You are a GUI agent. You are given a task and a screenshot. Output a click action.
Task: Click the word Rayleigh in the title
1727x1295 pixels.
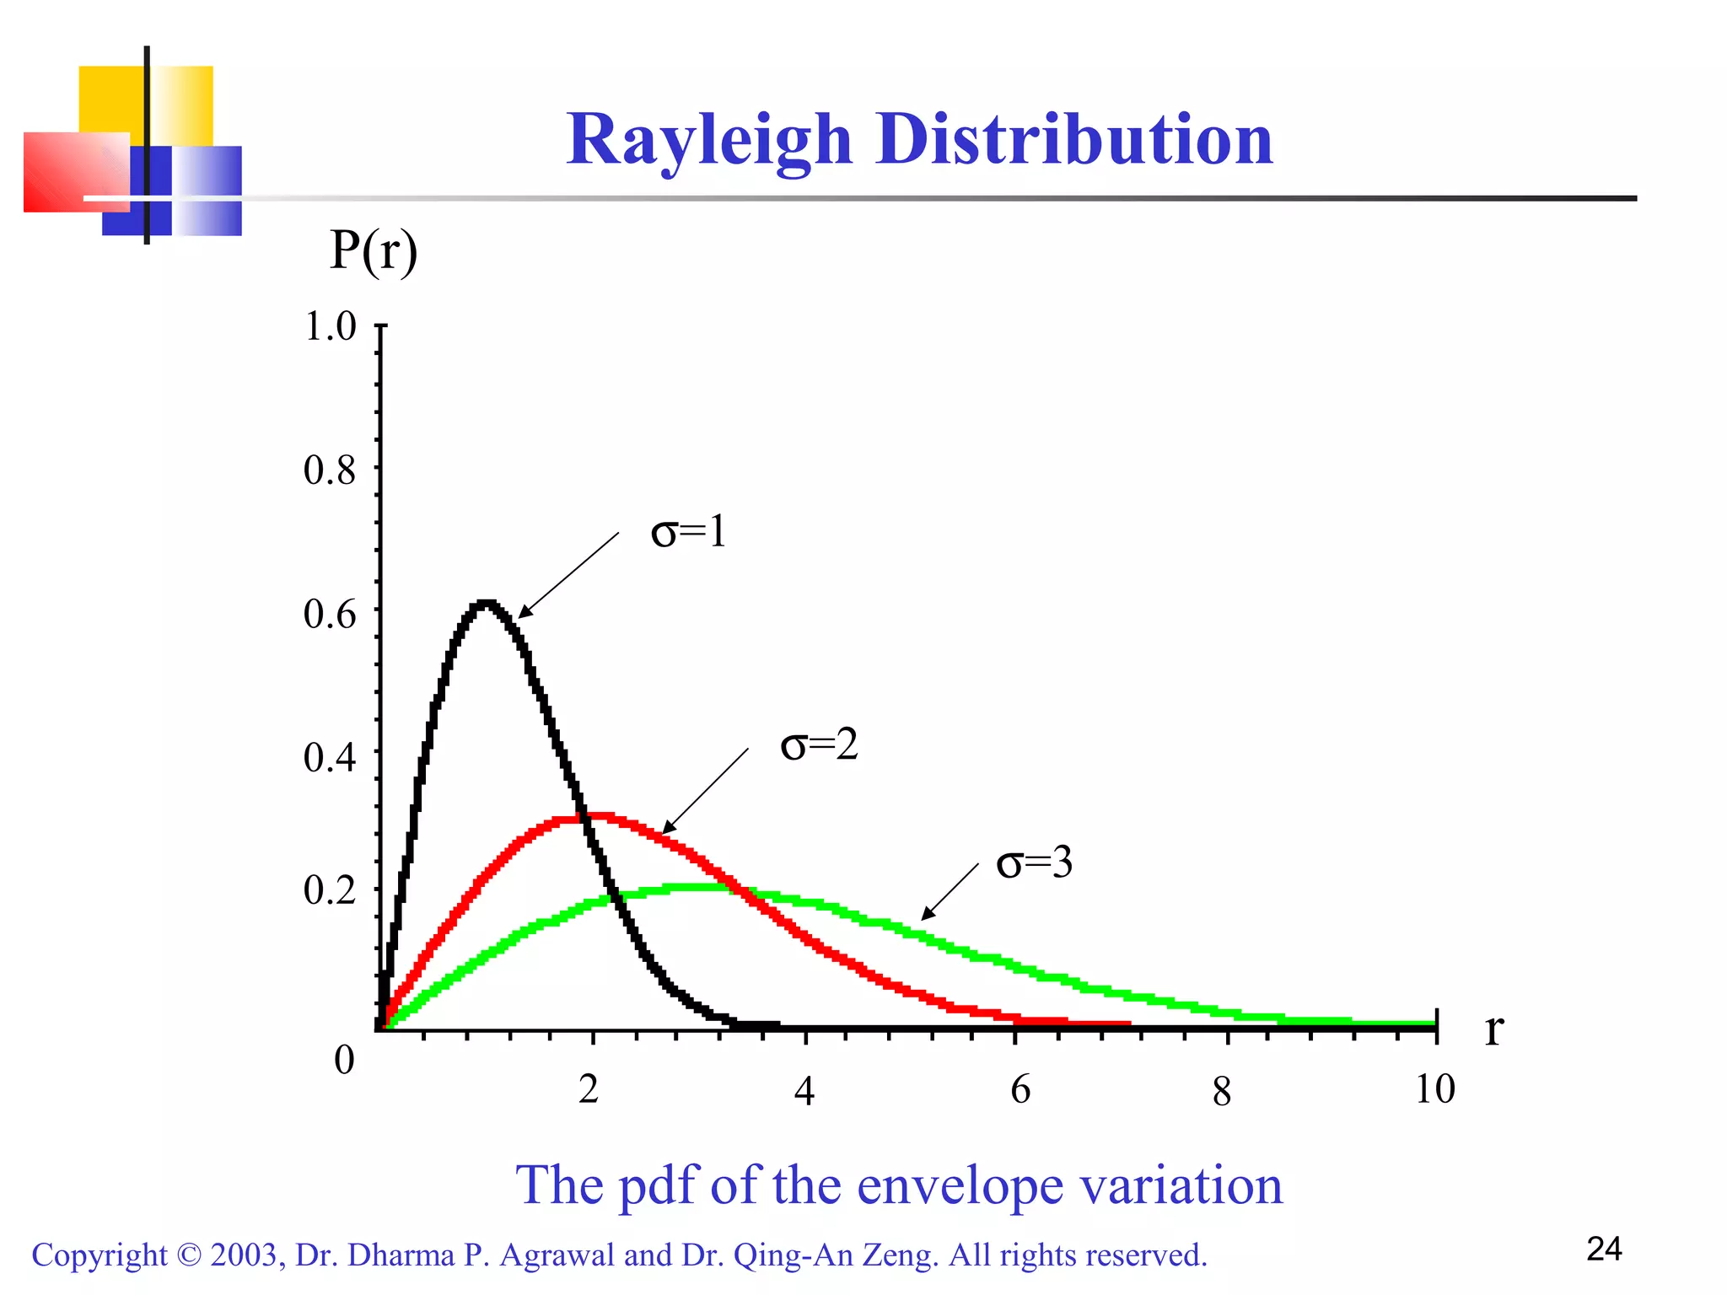pyautogui.click(x=709, y=140)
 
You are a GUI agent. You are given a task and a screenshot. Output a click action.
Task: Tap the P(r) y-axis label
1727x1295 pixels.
pyautogui.click(x=374, y=250)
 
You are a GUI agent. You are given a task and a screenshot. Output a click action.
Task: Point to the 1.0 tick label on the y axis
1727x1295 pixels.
pyautogui.click(x=330, y=326)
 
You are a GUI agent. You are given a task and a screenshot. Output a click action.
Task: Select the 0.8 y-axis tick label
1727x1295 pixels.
pyautogui.click(x=330, y=470)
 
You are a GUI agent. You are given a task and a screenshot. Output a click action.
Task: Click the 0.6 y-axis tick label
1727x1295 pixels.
pyautogui.click(x=330, y=614)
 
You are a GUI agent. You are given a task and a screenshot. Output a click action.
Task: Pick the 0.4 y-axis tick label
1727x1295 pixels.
pyautogui.click(x=330, y=757)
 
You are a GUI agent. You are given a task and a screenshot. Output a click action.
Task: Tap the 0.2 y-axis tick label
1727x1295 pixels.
pyautogui.click(x=330, y=889)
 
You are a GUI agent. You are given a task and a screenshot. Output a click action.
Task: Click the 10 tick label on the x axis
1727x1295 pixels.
pyautogui.click(x=1434, y=1088)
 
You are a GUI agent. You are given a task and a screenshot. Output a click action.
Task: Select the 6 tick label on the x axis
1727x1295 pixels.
pyautogui.click(x=1020, y=1089)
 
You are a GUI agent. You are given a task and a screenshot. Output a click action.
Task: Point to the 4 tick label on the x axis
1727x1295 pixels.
pyautogui.click(x=804, y=1091)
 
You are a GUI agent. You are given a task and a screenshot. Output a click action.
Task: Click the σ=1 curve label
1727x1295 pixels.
pyautogui.click(x=688, y=531)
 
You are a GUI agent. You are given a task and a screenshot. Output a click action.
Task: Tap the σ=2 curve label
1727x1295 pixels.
pyautogui.click(x=819, y=744)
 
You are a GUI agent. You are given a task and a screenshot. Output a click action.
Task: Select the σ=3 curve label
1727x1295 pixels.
pyautogui.click(x=1034, y=862)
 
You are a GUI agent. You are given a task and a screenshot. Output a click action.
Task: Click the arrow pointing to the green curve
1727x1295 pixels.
pyautogui.click(x=950, y=892)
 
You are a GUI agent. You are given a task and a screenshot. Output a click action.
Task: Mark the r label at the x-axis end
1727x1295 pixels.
pyautogui.click(x=1493, y=1029)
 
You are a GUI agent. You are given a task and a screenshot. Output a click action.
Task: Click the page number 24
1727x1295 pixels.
pyautogui.click(x=1604, y=1249)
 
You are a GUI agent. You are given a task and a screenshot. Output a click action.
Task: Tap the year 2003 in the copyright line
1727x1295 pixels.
pyautogui.click(x=244, y=1255)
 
